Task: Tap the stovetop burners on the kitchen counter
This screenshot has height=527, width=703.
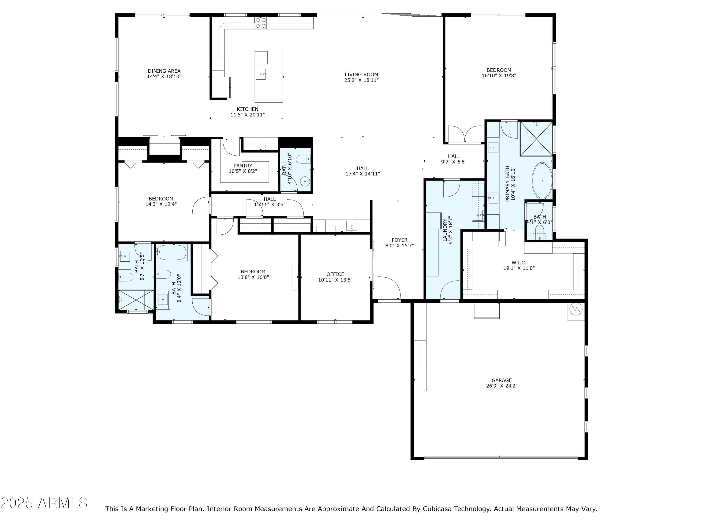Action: (261, 23)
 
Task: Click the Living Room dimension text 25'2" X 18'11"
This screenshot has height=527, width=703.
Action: (361, 80)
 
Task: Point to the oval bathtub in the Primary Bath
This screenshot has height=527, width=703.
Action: (542, 181)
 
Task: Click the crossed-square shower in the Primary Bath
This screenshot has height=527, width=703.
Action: (536, 139)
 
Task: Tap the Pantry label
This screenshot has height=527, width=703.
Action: (243, 166)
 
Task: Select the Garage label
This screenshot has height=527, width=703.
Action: (501, 380)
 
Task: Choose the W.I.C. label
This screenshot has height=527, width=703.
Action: (519, 263)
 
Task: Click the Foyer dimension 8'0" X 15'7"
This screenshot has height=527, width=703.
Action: (400, 245)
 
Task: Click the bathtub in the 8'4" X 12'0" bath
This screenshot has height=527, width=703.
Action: (172, 252)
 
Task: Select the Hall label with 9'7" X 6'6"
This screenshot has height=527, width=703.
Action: (453, 156)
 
